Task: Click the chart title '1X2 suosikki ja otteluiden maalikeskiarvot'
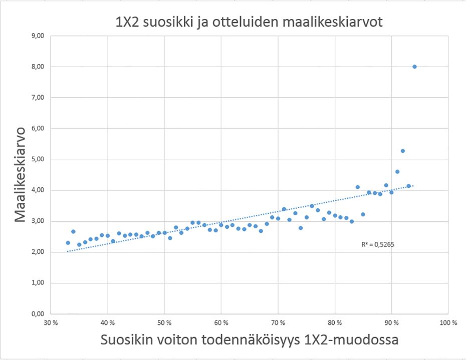249,23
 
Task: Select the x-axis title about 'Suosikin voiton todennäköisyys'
249,340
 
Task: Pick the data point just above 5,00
402,151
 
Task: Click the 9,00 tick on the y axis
38,36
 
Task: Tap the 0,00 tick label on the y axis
38,314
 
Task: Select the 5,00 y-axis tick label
38,160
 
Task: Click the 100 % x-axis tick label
447,323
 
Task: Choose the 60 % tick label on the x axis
221,323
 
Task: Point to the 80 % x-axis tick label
334,323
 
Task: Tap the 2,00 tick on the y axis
38,252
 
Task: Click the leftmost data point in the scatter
68,243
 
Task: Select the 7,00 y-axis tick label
38,98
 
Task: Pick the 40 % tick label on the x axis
108,323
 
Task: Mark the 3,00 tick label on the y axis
38,221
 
